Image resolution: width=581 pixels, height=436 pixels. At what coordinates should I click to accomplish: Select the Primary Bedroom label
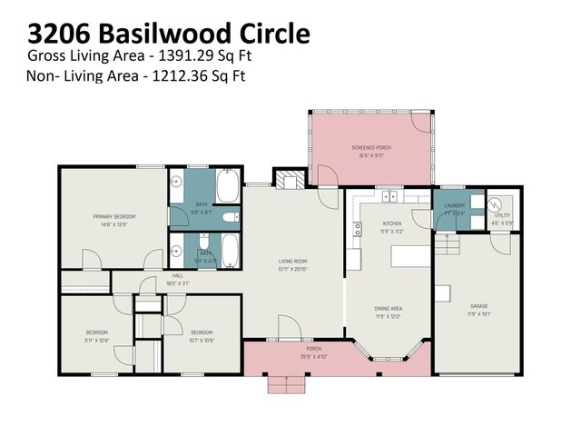click(x=113, y=216)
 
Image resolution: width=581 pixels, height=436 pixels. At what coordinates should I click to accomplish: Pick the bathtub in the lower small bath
click(x=231, y=249)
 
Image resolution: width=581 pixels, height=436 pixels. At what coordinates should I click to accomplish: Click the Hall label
click(x=178, y=275)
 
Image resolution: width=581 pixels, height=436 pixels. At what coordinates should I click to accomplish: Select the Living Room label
click(x=292, y=263)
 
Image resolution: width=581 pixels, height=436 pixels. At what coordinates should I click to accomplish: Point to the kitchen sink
click(x=390, y=195)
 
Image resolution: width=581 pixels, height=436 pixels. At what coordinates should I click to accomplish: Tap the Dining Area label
click(x=389, y=309)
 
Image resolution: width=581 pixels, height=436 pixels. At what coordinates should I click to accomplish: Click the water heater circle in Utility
click(x=496, y=203)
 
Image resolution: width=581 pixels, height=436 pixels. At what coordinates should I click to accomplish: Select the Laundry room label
click(x=454, y=205)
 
